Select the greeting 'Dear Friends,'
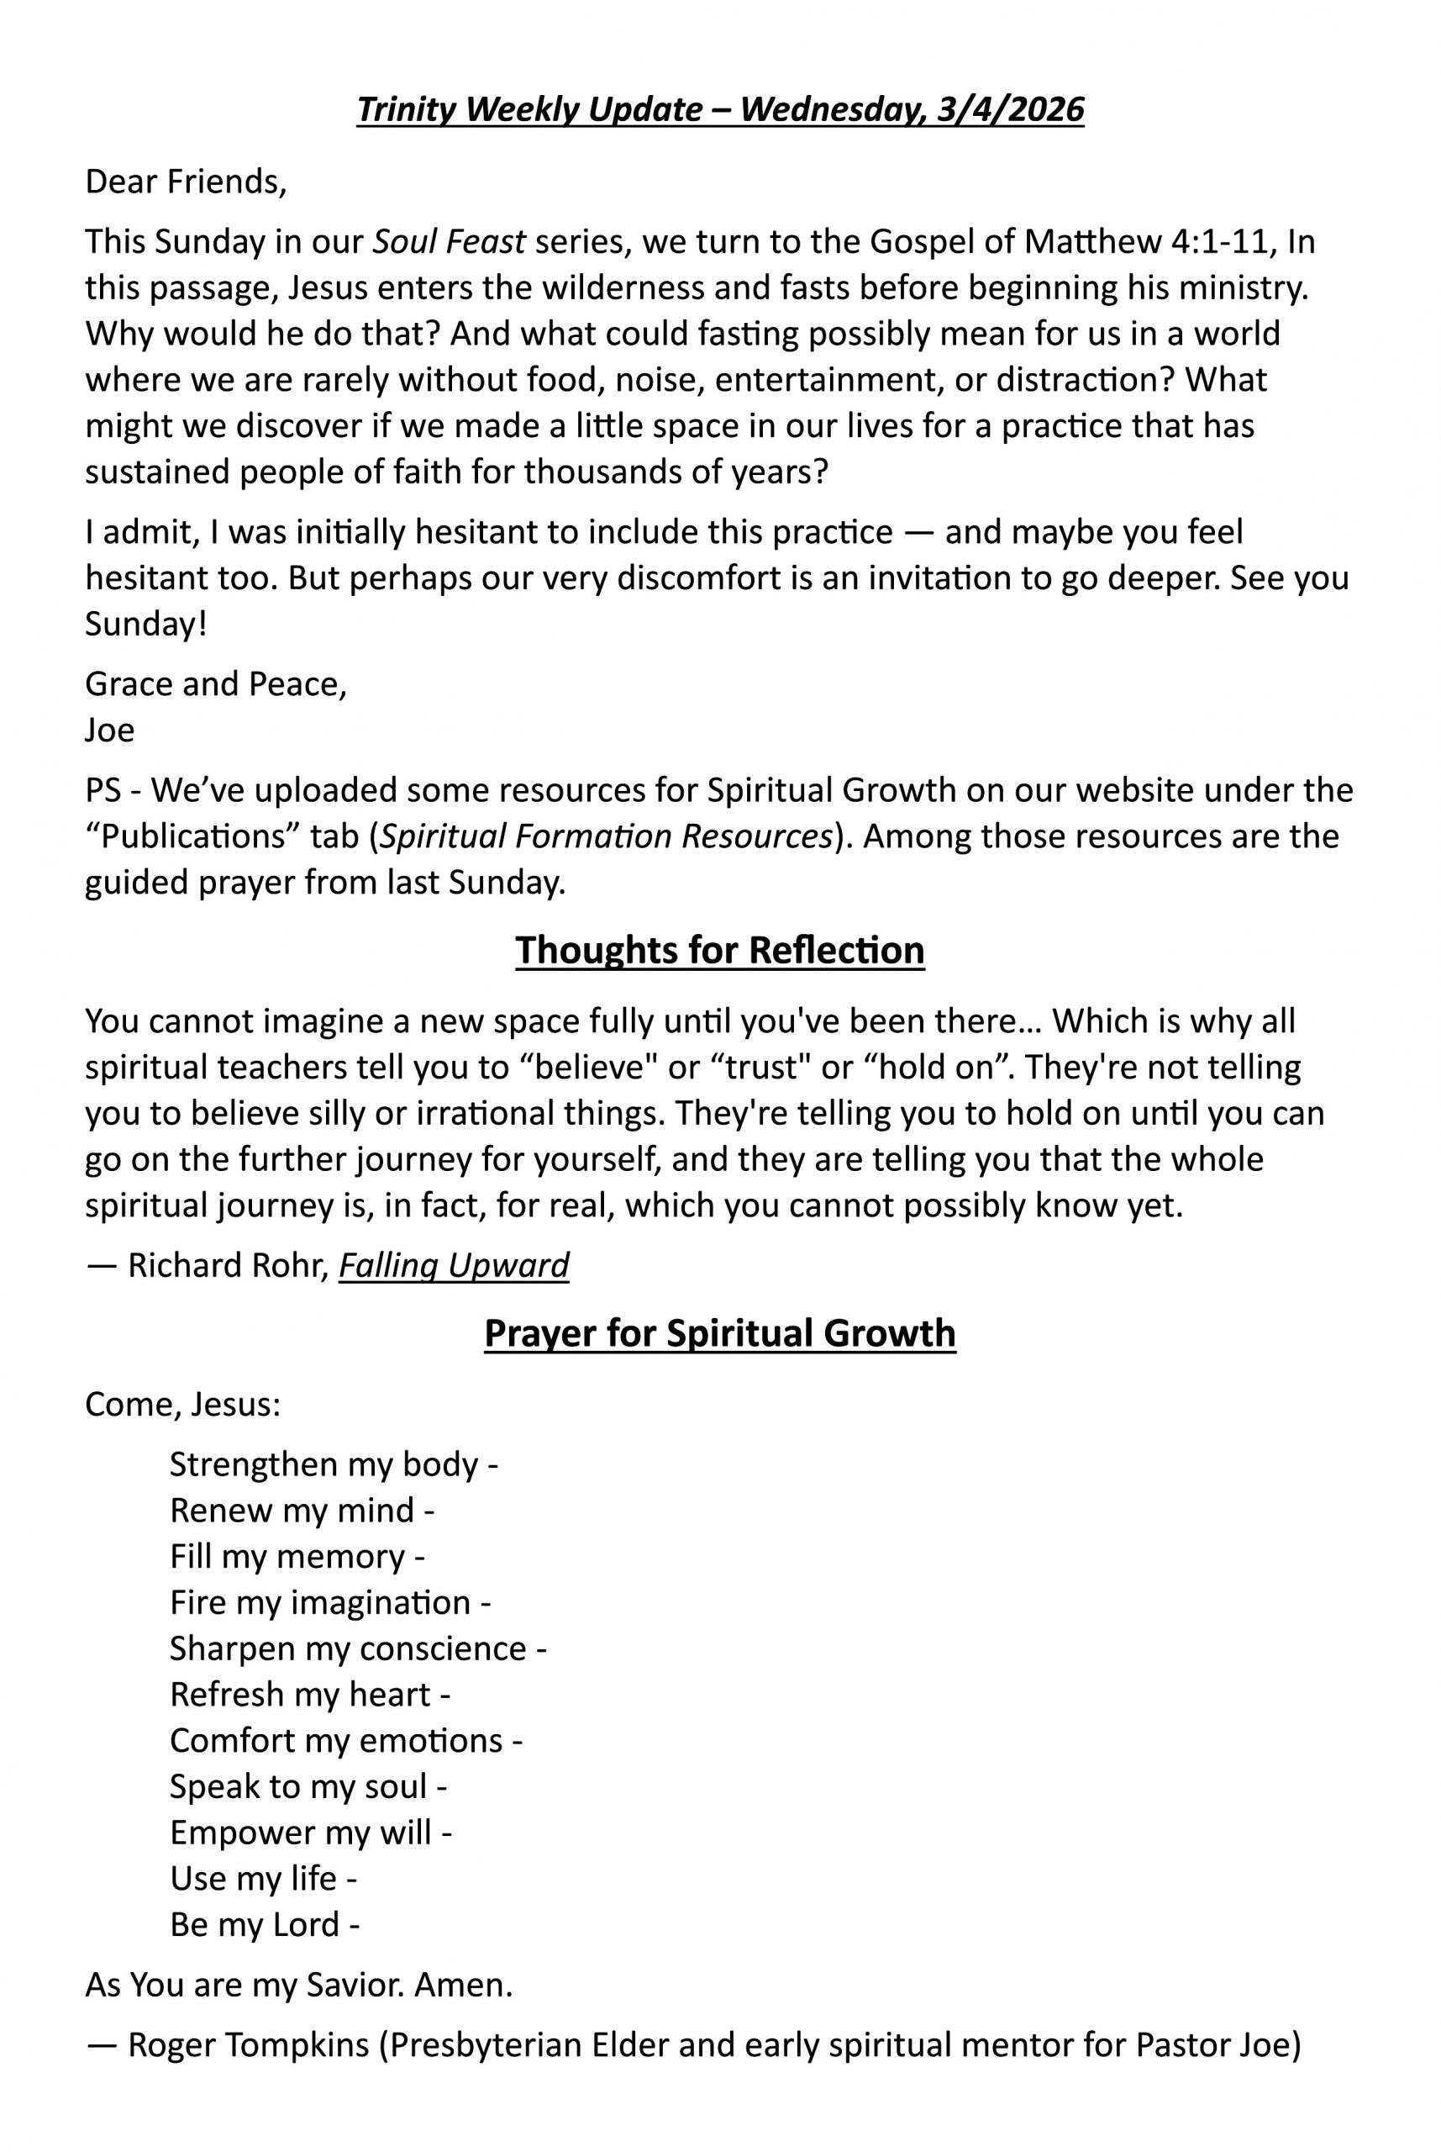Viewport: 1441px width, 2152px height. coord(186,182)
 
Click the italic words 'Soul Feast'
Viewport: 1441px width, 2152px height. coord(449,242)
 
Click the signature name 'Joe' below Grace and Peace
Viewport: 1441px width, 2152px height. coord(109,730)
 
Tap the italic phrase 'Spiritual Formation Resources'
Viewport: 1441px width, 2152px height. coord(607,836)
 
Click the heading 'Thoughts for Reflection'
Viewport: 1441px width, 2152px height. coord(719,951)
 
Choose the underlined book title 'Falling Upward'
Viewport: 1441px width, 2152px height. coord(454,1266)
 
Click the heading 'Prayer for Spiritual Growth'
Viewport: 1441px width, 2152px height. coord(719,1334)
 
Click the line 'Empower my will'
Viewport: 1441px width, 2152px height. coord(301,1832)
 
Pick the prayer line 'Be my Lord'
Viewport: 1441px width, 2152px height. coord(255,1924)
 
